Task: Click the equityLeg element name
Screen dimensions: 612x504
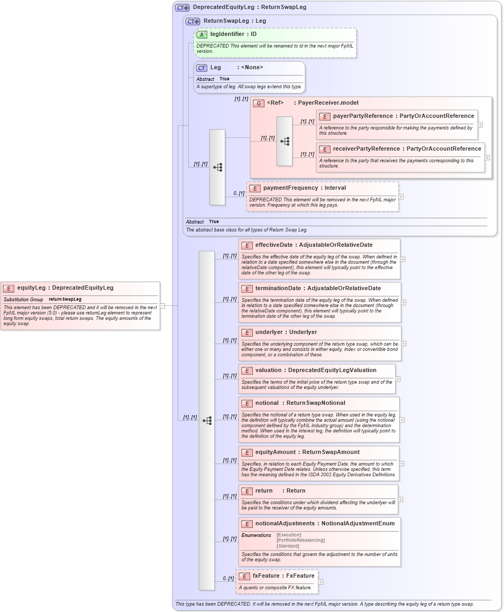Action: (x=31, y=288)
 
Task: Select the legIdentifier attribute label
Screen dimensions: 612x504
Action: (x=227, y=34)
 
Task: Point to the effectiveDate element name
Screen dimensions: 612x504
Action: (x=273, y=245)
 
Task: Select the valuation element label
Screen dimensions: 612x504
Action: (x=268, y=370)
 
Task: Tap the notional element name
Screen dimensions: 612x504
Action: (x=267, y=403)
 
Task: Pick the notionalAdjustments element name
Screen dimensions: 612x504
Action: (x=285, y=524)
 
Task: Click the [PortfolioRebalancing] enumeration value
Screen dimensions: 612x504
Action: (x=300, y=540)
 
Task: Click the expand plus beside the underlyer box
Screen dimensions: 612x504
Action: (x=404, y=344)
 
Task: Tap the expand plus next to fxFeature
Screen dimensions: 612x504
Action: (x=320, y=582)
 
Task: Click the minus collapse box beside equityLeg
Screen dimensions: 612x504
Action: (x=162, y=305)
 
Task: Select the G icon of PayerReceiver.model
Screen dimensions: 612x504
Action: (x=259, y=104)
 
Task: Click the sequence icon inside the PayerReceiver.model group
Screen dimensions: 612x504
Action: (x=285, y=142)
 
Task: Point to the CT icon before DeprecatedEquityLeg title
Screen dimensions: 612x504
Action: (x=182, y=7)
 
